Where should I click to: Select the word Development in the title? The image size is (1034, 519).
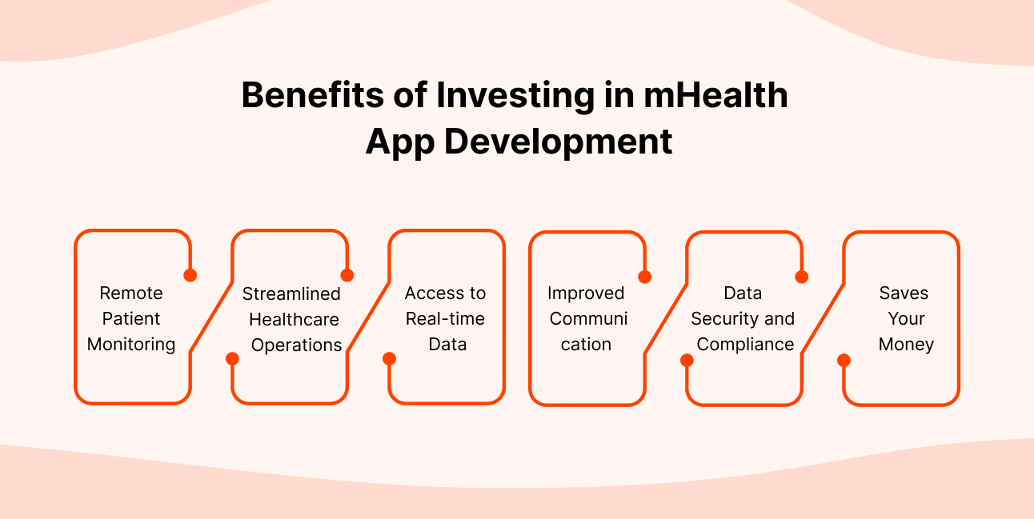(558, 142)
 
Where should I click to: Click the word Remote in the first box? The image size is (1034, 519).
(131, 293)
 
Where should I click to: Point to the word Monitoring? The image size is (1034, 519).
(131, 344)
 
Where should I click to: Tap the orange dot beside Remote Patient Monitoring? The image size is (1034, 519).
(190, 275)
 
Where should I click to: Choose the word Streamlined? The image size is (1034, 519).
(291, 293)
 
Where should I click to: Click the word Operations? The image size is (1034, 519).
(297, 345)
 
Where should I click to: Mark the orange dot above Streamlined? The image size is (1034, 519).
(347, 275)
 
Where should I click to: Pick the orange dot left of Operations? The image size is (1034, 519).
(232, 358)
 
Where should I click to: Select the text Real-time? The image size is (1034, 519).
(445, 318)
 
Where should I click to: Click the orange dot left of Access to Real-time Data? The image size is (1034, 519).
(389, 358)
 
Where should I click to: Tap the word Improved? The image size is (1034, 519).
(586, 293)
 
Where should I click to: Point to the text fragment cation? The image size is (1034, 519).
(586, 344)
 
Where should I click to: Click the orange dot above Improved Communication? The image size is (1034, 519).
(645, 277)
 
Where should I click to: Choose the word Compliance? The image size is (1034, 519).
(745, 344)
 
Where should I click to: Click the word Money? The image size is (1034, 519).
(906, 344)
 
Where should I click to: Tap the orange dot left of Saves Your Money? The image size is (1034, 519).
(844, 360)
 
